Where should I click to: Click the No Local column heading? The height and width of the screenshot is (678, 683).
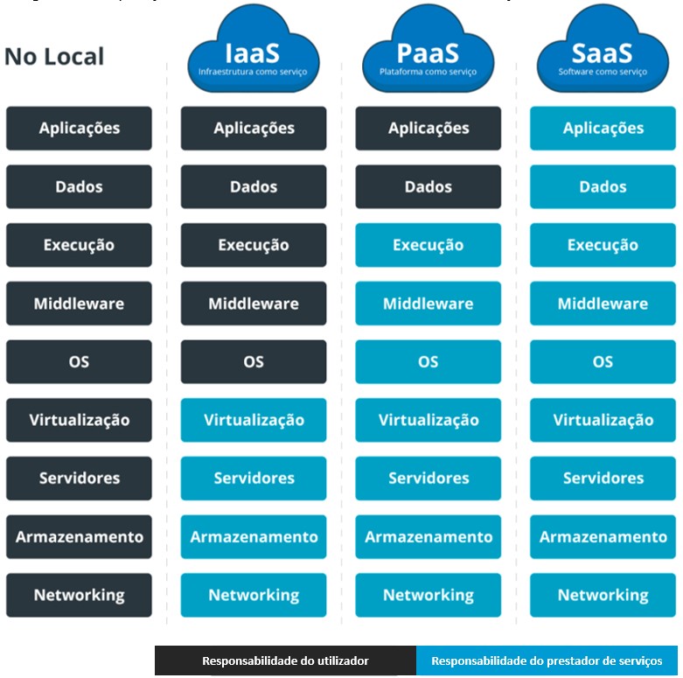click(x=54, y=57)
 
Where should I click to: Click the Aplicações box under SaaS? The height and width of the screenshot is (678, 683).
click(x=603, y=129)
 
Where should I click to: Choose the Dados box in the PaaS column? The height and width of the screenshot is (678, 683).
click(x=429, y=187)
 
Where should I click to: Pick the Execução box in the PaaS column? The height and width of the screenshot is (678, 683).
click(x=429, y=245)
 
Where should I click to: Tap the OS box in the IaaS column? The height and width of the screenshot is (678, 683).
click(x=254, y=362)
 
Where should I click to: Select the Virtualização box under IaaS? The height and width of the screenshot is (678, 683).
click(x=254, y=420)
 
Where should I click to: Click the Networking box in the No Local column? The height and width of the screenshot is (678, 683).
click(x=79, y=595)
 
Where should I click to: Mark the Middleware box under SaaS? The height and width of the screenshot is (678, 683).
click(x=603, y=304)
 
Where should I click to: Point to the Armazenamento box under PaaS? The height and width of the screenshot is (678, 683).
click(x=429, y=537)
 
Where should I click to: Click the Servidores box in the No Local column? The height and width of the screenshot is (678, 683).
click(x=79, y=479)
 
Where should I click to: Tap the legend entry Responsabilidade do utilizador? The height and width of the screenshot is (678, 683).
click(x=285, y=661)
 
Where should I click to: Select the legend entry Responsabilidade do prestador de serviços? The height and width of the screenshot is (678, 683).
click(x=547, y=661)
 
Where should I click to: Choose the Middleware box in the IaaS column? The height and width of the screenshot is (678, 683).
click(x=254, y=304)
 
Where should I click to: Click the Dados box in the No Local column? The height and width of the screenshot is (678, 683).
click(x=79, y=187)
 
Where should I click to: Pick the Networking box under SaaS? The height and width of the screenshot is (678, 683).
click(x=603, y=595)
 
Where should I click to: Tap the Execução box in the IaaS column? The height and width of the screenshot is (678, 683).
click(x=254, y=245)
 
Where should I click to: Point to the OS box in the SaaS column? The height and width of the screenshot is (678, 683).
click(x=603, y=362)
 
